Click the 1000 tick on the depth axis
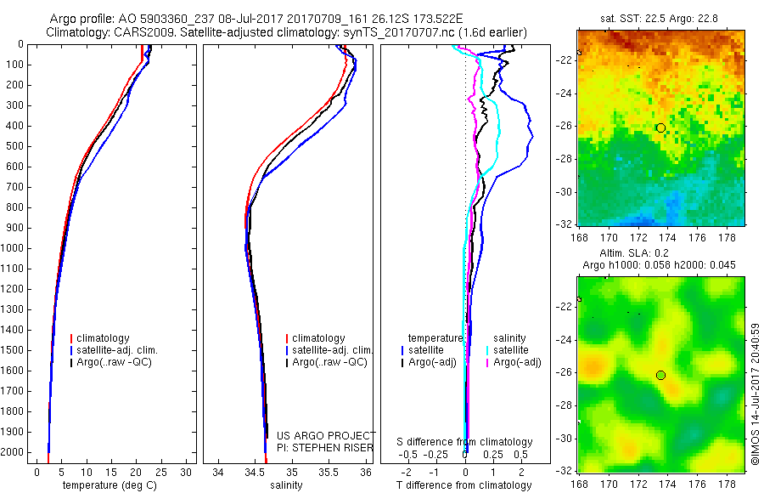click(x=14, y=248)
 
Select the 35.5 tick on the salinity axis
click(x=329, y=472)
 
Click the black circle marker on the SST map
click(x=660, y=127)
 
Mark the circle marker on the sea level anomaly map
click(x=660, y=375)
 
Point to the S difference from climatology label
click(x=465, y=442)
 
